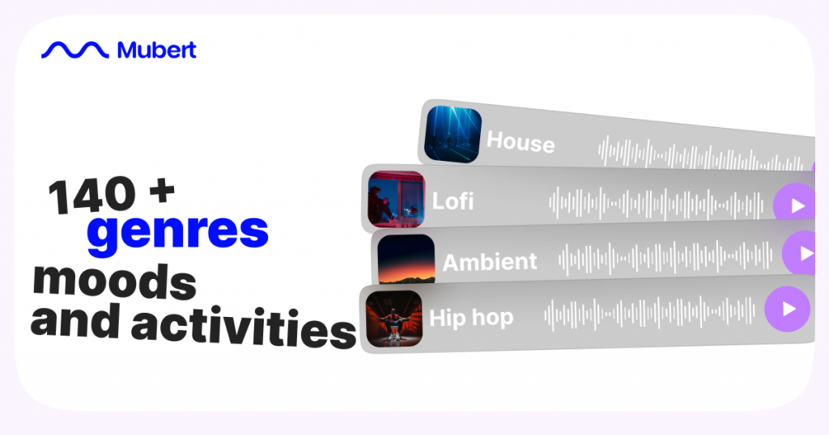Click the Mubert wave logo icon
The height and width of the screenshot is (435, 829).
point(74,50)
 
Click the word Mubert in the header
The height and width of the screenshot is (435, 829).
point(156,50)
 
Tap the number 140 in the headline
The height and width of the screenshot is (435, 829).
point(90,196)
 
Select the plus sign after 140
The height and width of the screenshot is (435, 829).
point(161,191)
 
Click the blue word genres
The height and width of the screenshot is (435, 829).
point(177,230)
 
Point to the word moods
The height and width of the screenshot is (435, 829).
point(114,281)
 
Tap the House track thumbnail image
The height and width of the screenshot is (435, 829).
point(453,134)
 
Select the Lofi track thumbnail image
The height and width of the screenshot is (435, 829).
point(396,198)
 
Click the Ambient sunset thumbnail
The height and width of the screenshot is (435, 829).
point(406,260)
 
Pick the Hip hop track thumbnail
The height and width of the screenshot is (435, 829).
point(393,318)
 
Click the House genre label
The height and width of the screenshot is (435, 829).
point(521,143)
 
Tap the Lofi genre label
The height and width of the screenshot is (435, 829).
point(453,201)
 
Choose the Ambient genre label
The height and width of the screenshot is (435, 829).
point(489,262)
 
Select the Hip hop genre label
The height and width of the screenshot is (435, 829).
point(470,317)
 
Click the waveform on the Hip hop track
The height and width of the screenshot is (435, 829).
point(648,313)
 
